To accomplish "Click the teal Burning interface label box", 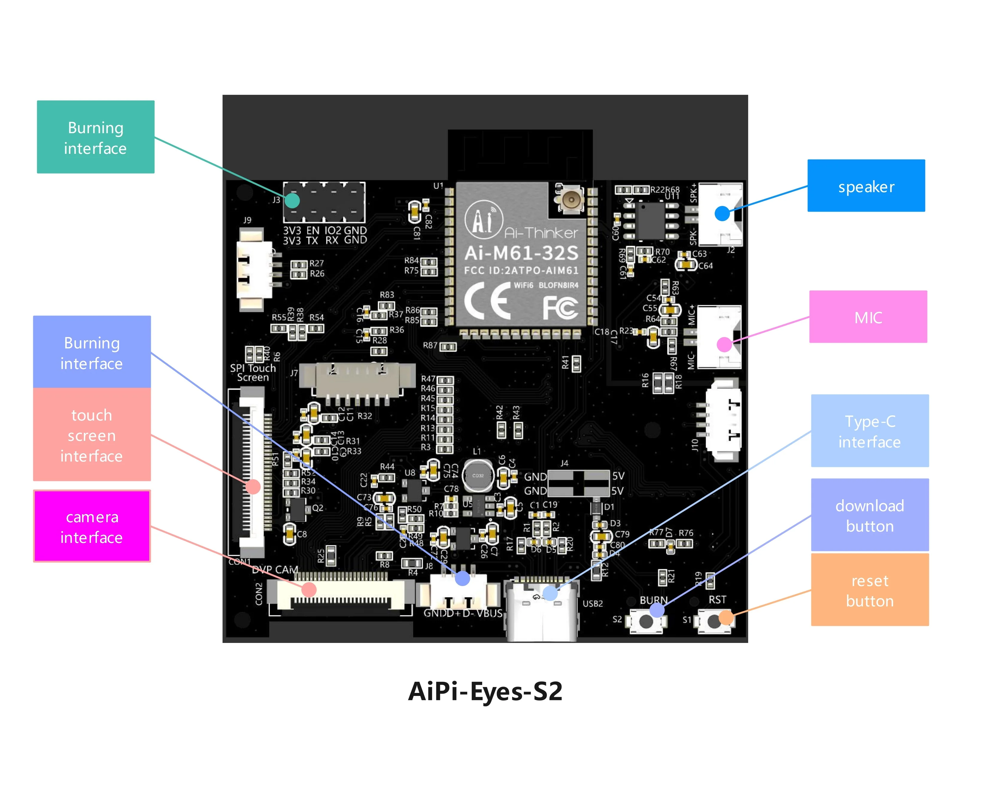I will tap(96, 137).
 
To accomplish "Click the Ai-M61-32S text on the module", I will tap(521, 253).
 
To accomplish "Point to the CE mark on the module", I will tap(487, 301).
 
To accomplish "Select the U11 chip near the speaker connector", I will tap(650, 221).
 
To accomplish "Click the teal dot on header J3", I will tap(292, 201).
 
